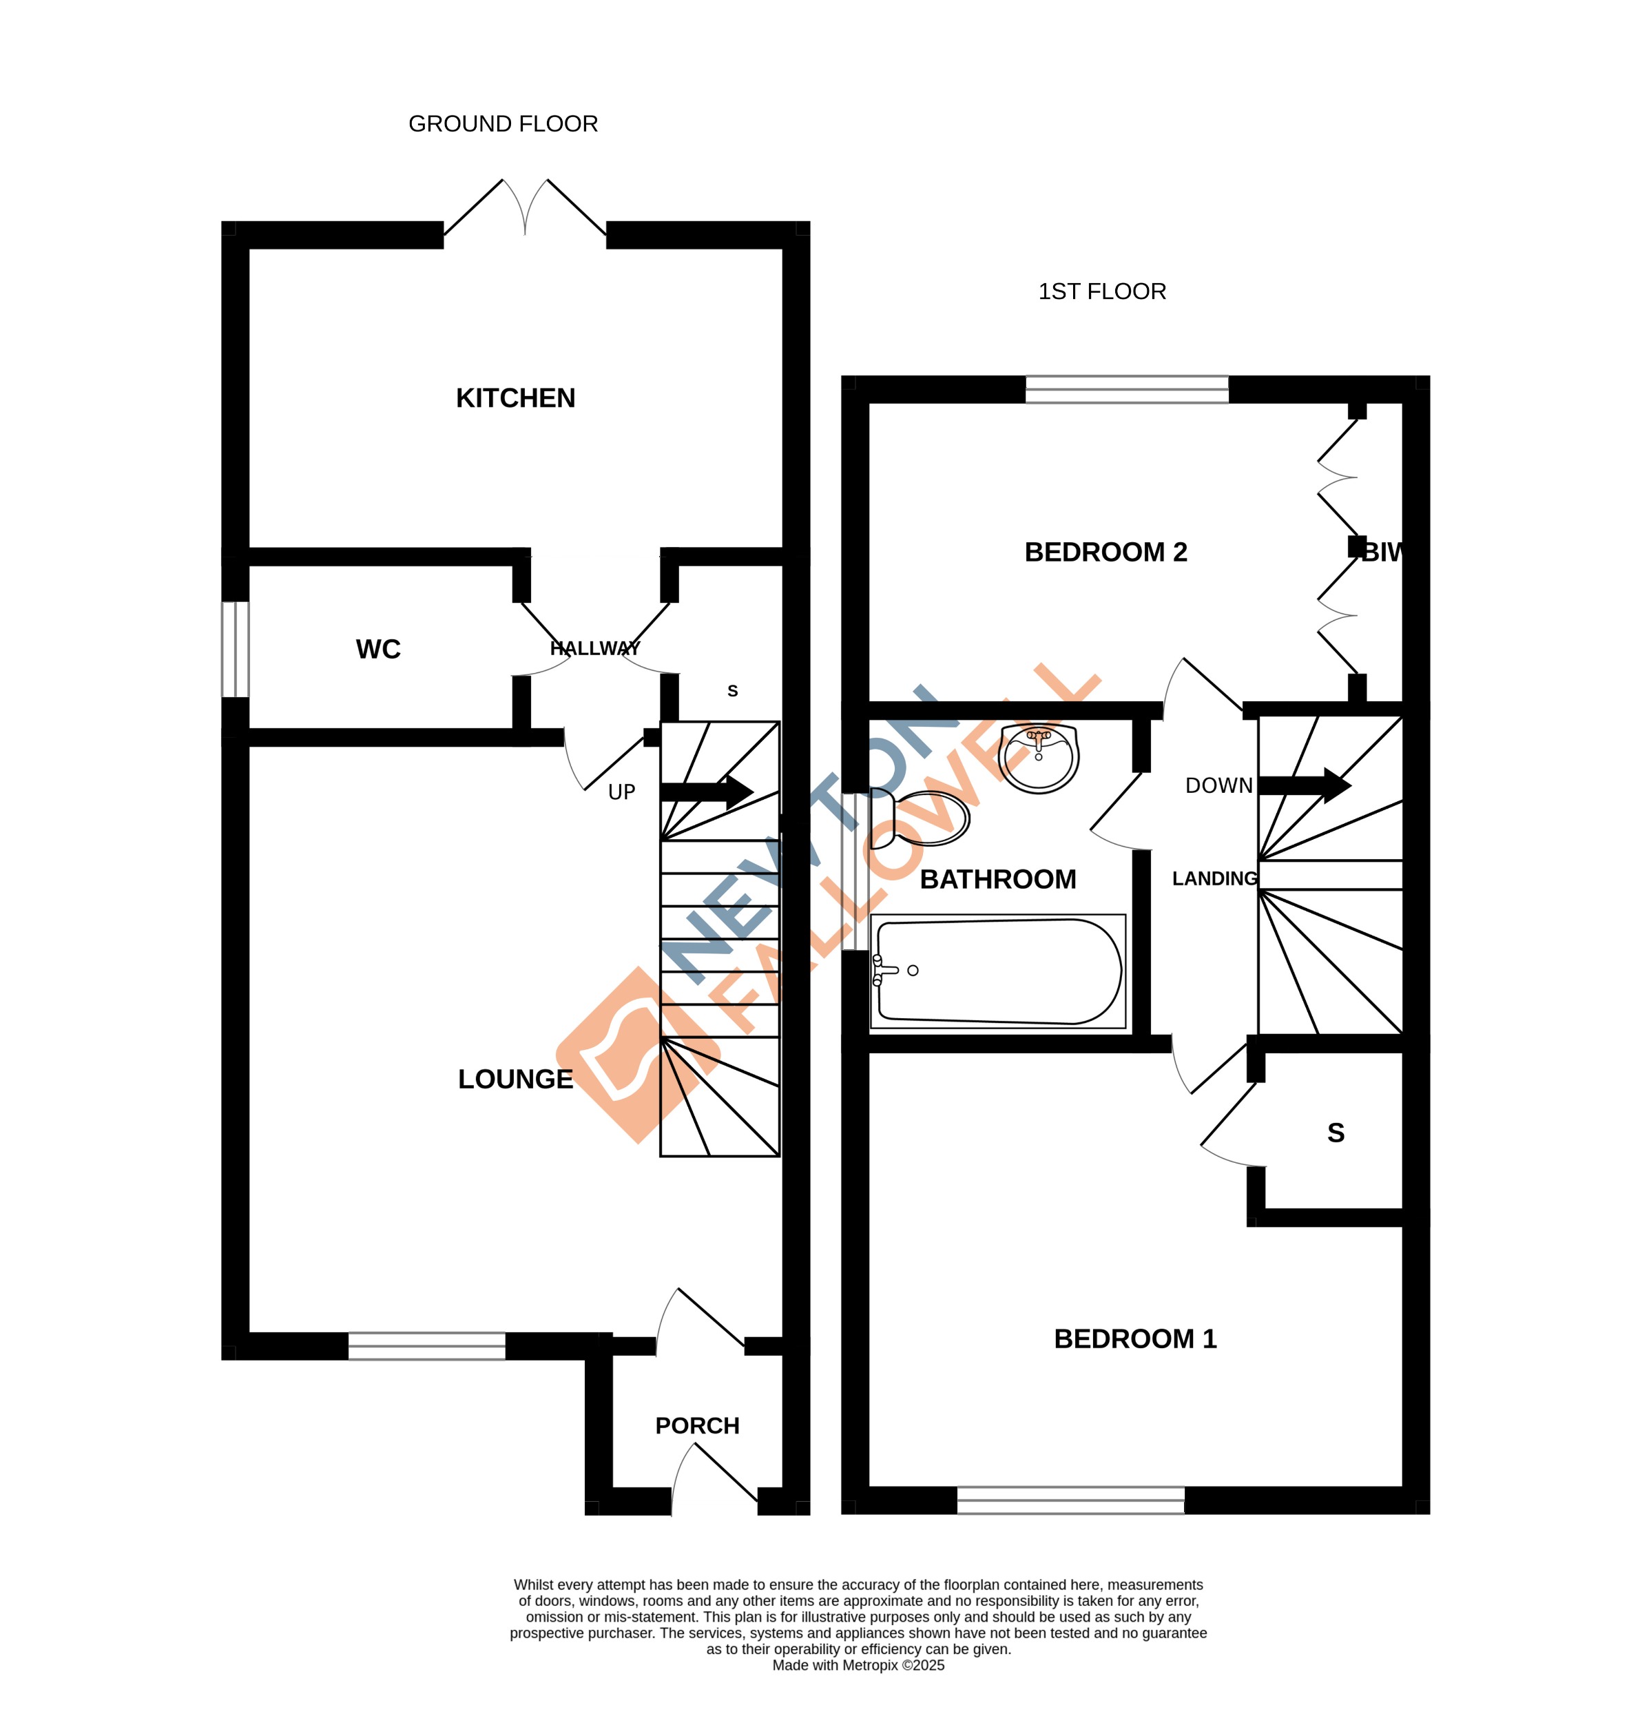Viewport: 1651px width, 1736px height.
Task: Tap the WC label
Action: click(x=377, y=649)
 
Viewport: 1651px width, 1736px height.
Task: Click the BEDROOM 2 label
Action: click(x=1105, y=552)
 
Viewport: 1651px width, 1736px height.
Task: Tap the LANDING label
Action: click(x=1214, y=878)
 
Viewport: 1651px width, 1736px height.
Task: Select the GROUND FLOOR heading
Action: click(x=503, y=124)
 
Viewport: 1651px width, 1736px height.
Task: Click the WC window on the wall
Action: click(x=235, y=649)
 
